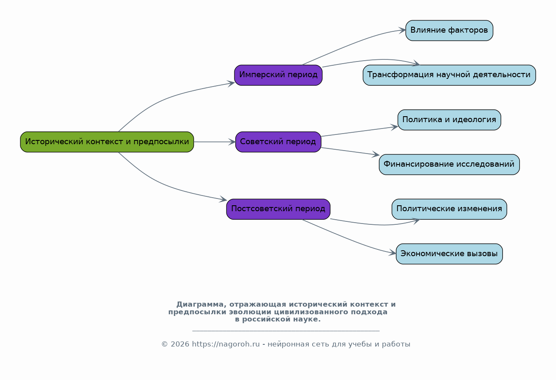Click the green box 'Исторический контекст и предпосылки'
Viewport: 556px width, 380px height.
(x=107, y=142)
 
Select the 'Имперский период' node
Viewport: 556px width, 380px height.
(x=278, y=75)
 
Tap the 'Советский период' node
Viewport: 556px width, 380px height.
(x=278, y=142)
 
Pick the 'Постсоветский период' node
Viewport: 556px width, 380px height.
(x=278, y=209)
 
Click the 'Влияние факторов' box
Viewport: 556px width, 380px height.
(x=449, y=31)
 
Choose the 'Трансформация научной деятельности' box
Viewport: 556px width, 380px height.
(x=449, y=75)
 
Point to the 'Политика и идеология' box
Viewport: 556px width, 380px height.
(x=449, y=120)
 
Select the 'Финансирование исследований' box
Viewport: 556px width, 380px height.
(x=449, y=164)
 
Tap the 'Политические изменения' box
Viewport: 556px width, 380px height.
(x=449, y=209)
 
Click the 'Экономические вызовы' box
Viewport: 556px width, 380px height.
(x=449, y=254)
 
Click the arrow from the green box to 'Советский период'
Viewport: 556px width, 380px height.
(x=214, y=142)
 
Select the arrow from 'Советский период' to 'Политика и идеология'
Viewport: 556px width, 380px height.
(x=359, y=131)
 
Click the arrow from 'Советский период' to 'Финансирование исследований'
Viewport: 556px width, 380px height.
(x=350, y=151)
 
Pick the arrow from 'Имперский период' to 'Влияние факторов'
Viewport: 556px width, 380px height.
(x=353, y=43)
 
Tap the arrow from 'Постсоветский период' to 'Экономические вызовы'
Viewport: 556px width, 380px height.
(x=348, y=240)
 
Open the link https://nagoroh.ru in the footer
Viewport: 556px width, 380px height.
(x=226, y=344)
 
